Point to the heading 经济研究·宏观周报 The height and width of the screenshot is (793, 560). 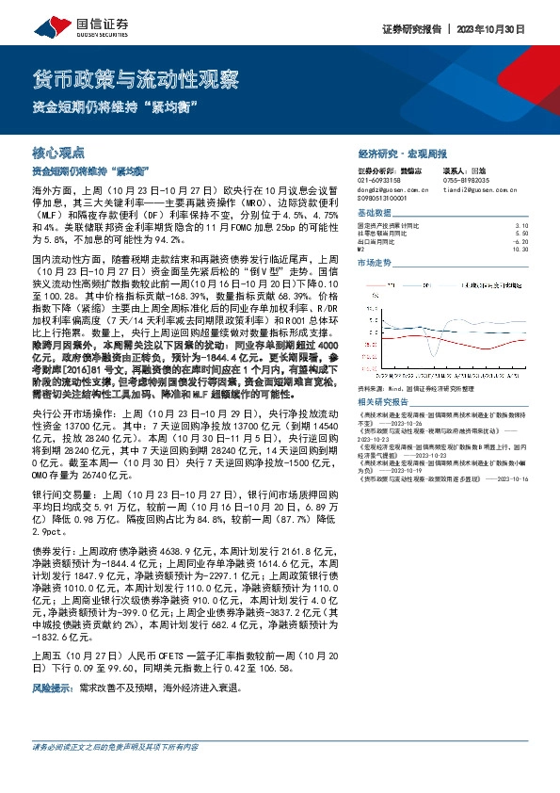point(403,153)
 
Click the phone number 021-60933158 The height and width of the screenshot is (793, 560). point(381,179)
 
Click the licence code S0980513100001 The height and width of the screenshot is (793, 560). point(389,199)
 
